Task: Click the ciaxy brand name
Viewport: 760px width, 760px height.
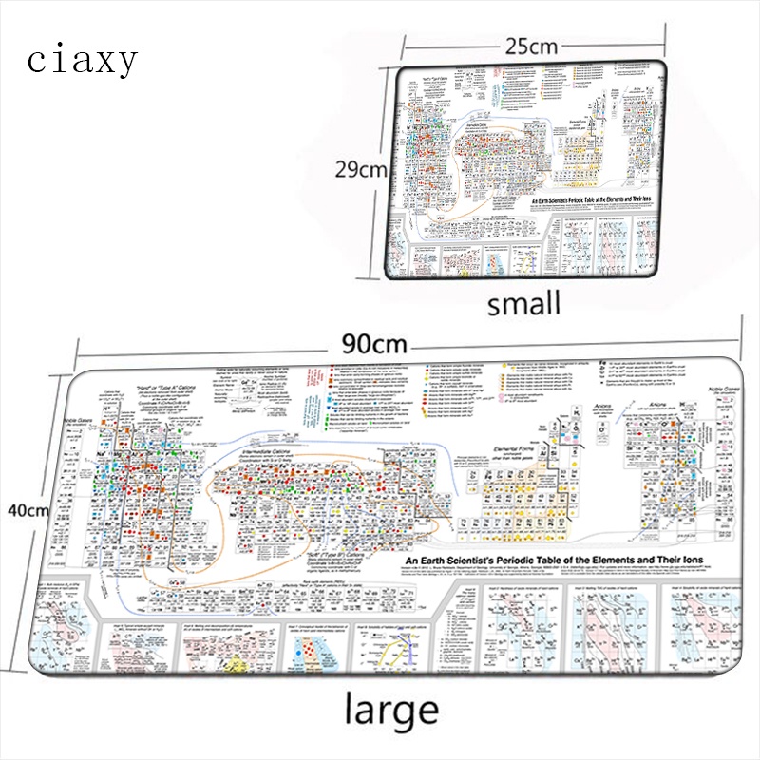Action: point(83,60)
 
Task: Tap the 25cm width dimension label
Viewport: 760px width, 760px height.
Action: point(530,45)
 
